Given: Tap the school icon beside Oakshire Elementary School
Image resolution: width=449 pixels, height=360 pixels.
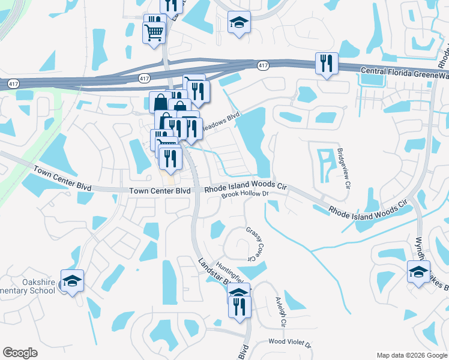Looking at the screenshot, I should click(72, 281).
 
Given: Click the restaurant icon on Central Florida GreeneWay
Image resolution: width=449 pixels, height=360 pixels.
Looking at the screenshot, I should click(327, 63).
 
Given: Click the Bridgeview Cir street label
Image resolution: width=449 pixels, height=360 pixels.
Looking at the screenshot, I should click(344, 168).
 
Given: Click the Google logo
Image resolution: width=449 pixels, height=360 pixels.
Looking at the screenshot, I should click(20, 353).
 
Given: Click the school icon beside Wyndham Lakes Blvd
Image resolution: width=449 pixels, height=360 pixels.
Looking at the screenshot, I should click(418, 272).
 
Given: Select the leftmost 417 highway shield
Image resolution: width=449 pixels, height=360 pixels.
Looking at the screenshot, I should click(13, 84).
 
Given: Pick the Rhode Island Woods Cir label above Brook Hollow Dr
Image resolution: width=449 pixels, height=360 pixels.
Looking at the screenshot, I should click(246, 188).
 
